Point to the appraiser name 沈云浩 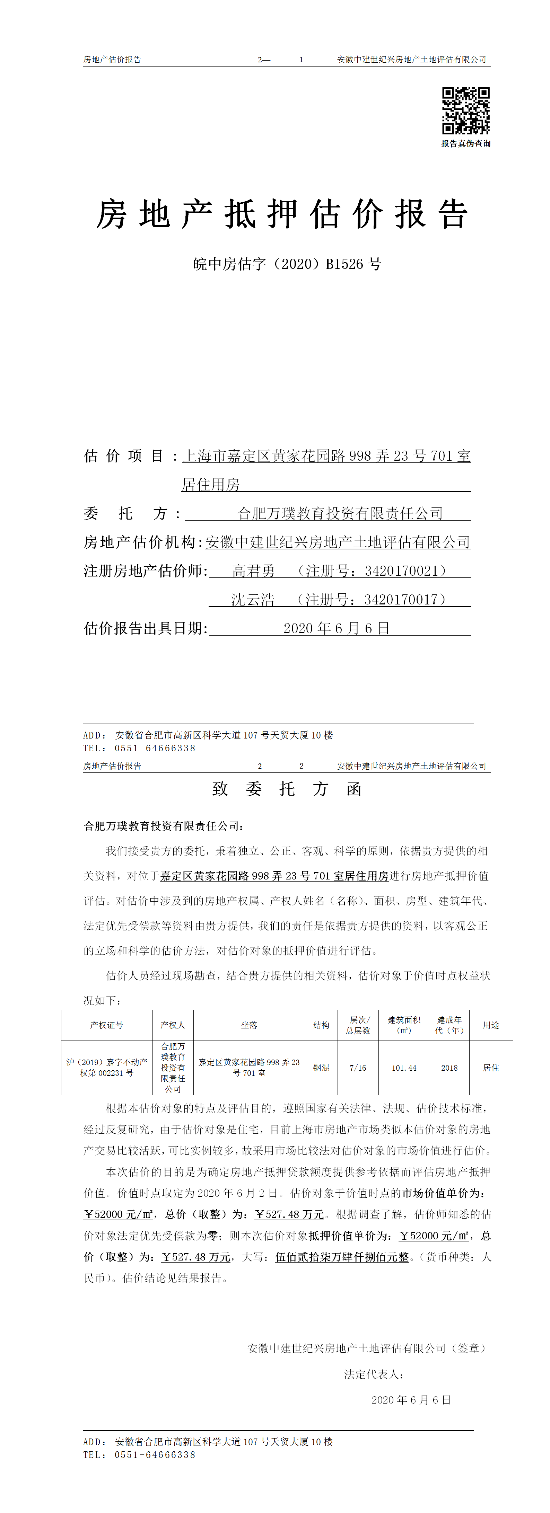(253, 600)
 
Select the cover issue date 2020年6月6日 (336, 628)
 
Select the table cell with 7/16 (358, 1068)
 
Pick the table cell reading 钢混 (321, 1068)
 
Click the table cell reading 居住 (491, 1068)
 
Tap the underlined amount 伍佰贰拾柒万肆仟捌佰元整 (342, 1257)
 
